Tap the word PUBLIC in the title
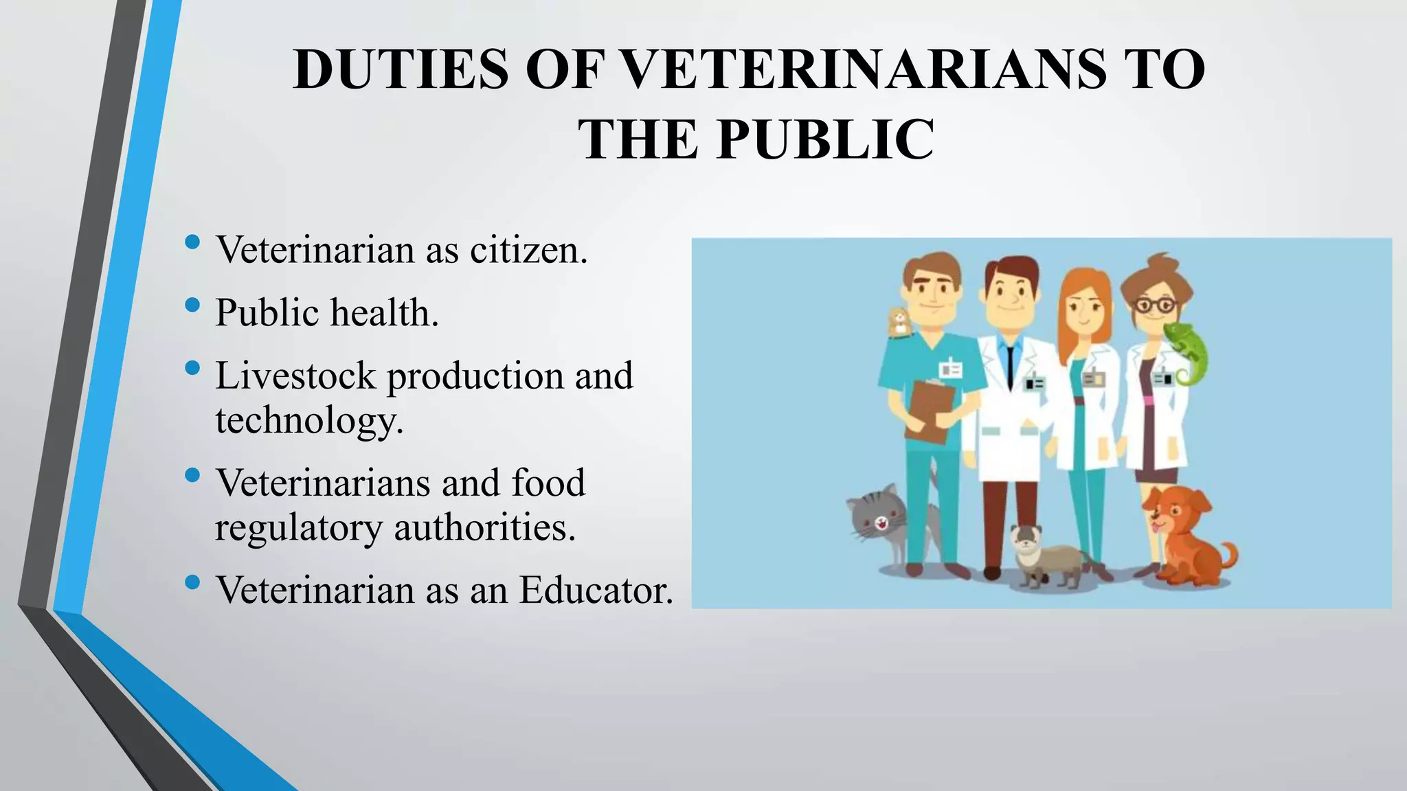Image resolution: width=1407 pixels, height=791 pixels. click(x=825, y=139)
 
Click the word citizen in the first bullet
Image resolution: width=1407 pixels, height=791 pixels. click(x=528, y=250)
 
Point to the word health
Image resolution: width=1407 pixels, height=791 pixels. click(x=385, y=313)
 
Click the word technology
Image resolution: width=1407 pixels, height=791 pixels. click(x=308, y=420)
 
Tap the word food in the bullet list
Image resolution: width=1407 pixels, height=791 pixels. click(x=548, y=483)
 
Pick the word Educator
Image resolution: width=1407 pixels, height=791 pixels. click(x=596, y=590)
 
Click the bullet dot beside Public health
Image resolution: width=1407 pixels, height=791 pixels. click(x=192, y=304)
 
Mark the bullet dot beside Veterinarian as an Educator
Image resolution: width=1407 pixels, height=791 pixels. click(x=192, y=582)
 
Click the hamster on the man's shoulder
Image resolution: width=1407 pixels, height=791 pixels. click(x=898, y=322)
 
